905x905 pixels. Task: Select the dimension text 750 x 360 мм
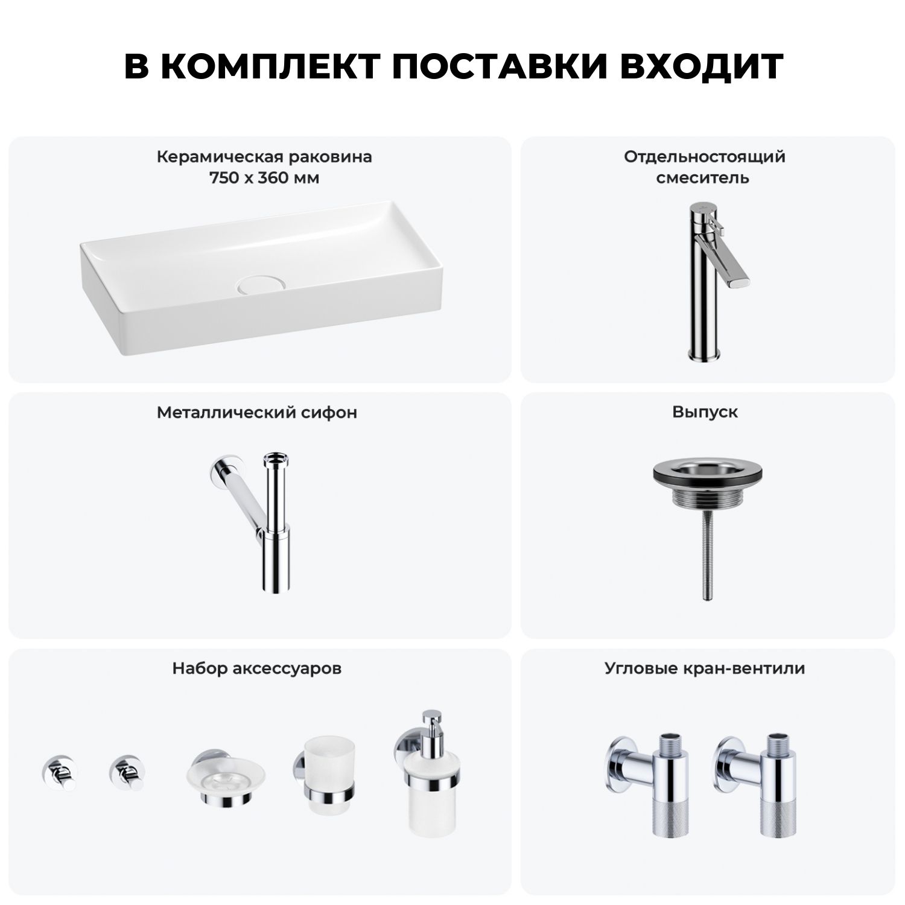(264, 178)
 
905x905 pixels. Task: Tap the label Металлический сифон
(257, 413)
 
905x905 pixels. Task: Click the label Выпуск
(705, 413)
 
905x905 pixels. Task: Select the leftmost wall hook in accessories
(59, 771)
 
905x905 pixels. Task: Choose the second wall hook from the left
(127, 771)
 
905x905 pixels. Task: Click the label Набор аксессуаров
(257, 668)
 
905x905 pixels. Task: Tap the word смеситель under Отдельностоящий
(703, 178)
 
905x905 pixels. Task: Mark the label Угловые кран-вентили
(705, 668)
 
